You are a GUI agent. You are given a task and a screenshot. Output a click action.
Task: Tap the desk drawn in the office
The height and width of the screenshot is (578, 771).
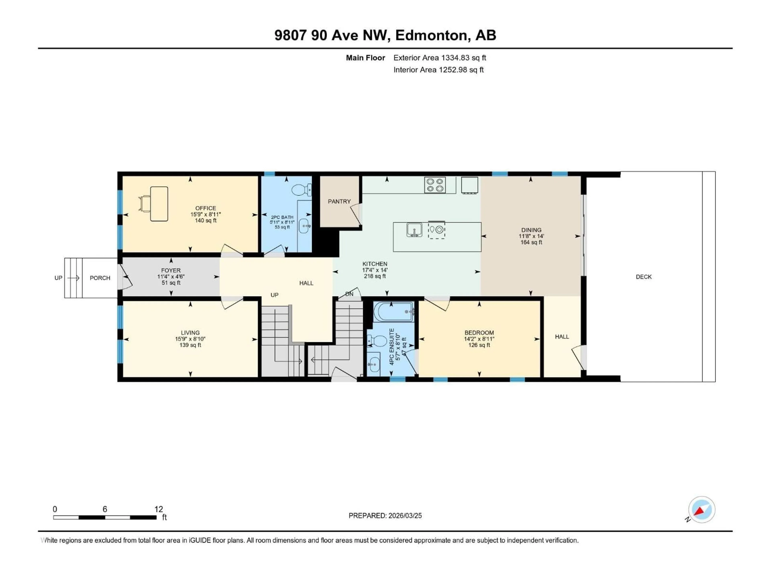coord(159,204)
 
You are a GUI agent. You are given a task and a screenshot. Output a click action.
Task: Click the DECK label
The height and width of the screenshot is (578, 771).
coord(644,277)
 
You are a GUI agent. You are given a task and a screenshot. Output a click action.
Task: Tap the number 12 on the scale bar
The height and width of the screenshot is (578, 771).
coord(159,509)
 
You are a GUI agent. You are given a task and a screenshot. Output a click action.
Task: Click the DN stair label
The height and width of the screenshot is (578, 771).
coord(349,294)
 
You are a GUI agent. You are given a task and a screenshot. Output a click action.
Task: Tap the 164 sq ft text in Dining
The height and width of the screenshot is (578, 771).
coord(531,242)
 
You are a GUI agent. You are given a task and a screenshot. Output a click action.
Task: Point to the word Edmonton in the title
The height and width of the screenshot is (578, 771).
coord(431,35)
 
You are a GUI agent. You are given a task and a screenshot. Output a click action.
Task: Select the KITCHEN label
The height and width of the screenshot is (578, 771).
coord(375,264)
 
